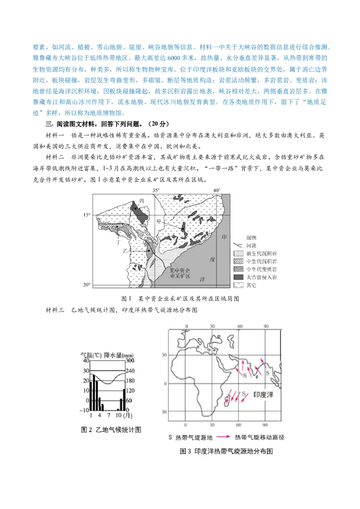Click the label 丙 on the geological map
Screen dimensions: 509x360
point(141,200)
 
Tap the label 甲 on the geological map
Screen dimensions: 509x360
point(158,222)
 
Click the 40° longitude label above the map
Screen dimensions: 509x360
point(216,190)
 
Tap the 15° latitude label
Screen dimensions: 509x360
point(86,215)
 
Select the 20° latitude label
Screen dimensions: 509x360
point(86,285)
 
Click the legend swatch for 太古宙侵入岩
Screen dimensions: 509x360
point(238,277)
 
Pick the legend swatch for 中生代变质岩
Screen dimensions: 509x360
point(238,269)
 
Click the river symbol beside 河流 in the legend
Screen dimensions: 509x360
point(238,246)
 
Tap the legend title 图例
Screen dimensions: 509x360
point(252,237)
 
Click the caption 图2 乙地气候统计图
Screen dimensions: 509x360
point(111,429)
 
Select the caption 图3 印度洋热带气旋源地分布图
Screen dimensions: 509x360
point(226,451)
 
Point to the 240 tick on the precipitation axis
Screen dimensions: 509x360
point(130,371)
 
